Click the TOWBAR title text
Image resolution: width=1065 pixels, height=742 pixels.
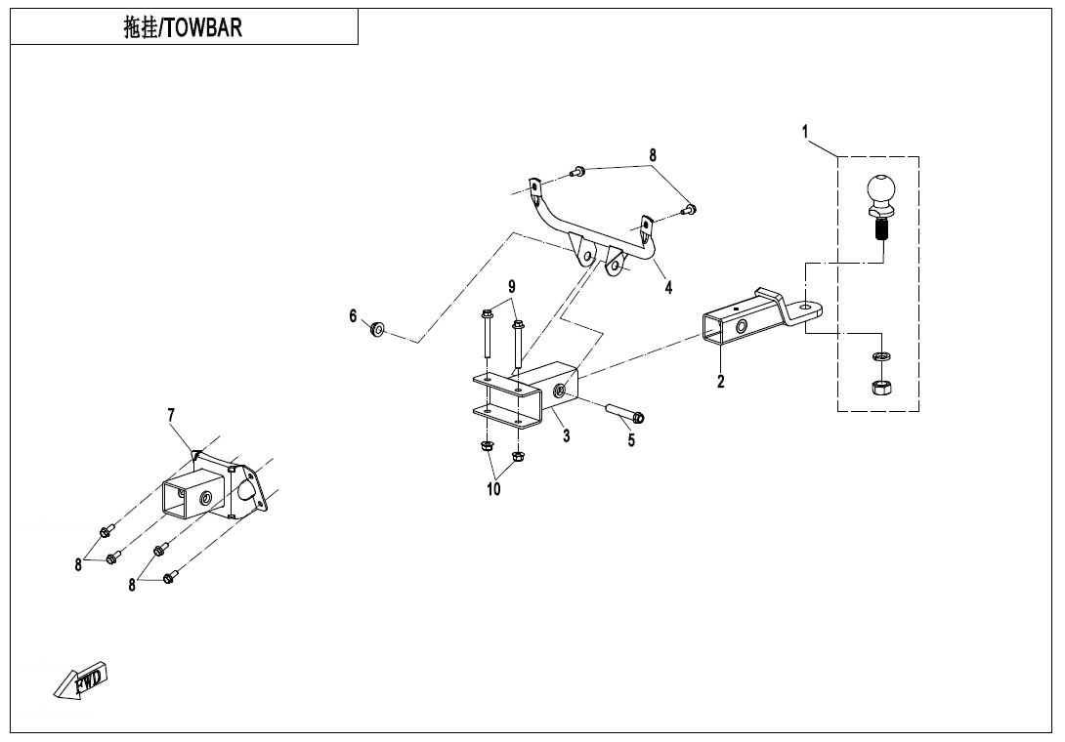183,27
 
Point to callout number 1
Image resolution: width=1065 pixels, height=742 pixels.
806,131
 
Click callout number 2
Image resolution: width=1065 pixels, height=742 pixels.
721,382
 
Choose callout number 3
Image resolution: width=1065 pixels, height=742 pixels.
567,435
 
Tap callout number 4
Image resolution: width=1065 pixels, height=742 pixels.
668,288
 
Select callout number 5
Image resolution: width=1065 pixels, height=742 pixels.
631,440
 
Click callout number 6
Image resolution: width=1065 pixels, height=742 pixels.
354,315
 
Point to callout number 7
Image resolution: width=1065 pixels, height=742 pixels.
171,416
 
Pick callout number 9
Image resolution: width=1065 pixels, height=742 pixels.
510,286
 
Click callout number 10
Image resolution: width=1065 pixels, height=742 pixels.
494,489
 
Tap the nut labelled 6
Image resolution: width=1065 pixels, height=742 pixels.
375,327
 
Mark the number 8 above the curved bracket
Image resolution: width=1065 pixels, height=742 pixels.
653,155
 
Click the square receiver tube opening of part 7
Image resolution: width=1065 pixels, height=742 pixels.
177,500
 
